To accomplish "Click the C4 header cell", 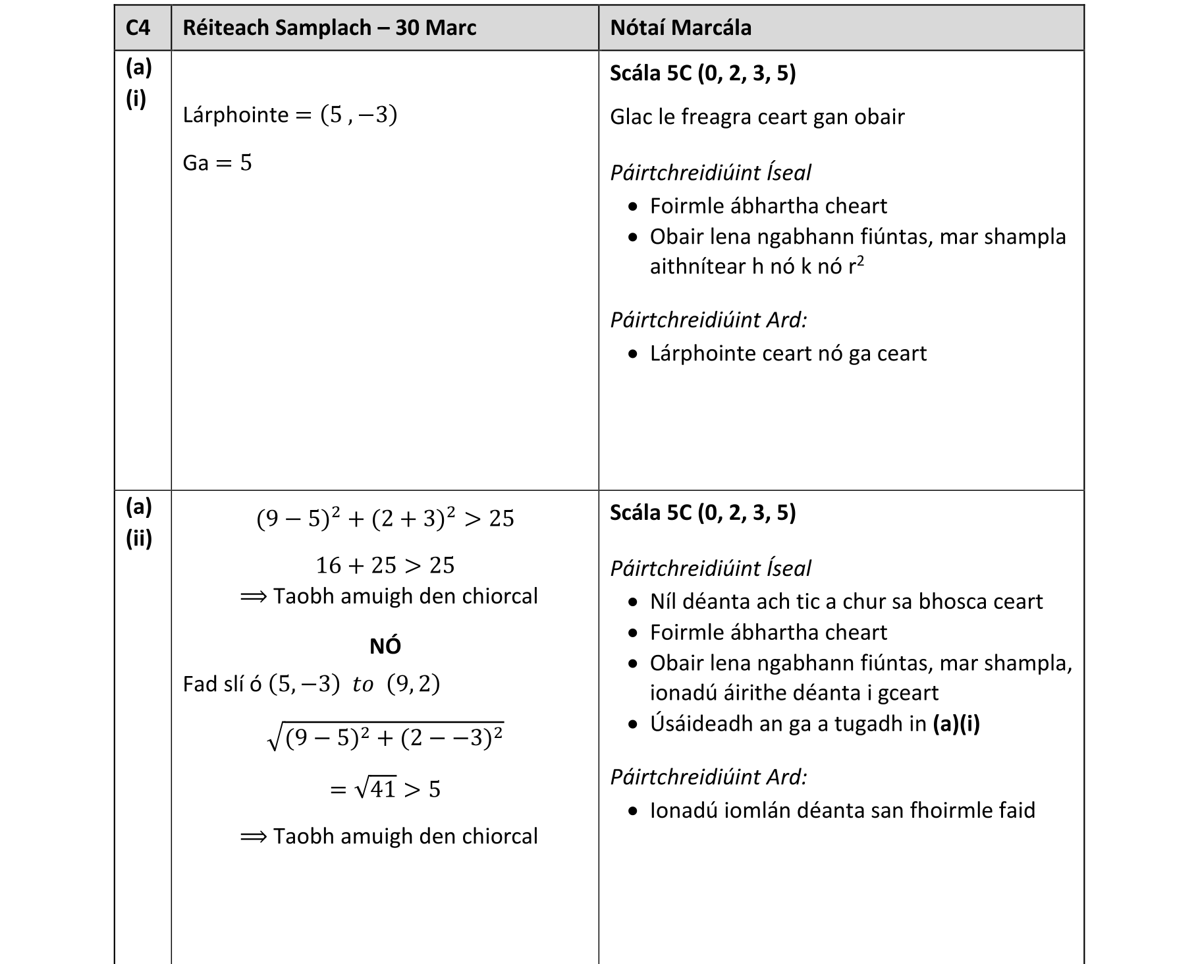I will (138, 28).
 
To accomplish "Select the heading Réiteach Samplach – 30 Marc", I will (329, 28).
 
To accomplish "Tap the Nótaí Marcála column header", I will (680, 28).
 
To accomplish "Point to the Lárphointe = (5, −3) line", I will (290, 115).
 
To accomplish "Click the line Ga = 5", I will (217, 163).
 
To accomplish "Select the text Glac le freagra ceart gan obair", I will (757, 117).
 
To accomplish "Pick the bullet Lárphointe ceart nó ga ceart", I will (788, 354).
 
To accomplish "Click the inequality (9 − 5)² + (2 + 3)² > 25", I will (385, 519).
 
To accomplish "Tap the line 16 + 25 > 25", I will (385, 565).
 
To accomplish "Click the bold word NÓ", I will (385, 646).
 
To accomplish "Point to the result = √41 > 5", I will (385, 789).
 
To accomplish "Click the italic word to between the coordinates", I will (363, 685).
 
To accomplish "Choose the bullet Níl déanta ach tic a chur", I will (846, 602).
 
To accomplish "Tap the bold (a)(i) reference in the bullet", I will (956, 724).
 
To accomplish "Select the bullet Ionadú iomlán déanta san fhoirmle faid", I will (842, 810).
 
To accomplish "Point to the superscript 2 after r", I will (860, 261).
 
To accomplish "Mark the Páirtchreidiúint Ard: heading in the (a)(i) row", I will (708, 320).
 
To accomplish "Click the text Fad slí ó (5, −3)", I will (261, 685).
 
